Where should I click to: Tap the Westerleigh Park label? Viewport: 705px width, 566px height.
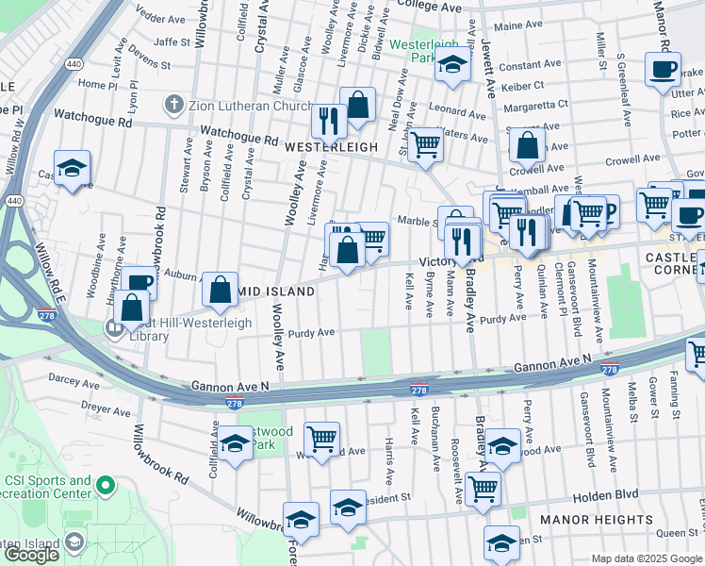pyautogui.click(x=424, y=50)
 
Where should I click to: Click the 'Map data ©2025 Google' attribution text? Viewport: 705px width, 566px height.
pyautogui.click(x=647, y=558)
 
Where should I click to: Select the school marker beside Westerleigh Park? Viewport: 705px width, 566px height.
pyautogui.click(x=452, y=66)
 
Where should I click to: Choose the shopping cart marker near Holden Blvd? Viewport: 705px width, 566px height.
pyautogui.click(x=483, y=489)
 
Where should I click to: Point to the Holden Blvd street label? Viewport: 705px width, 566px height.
pyautogui.click(x=605, y=493)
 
